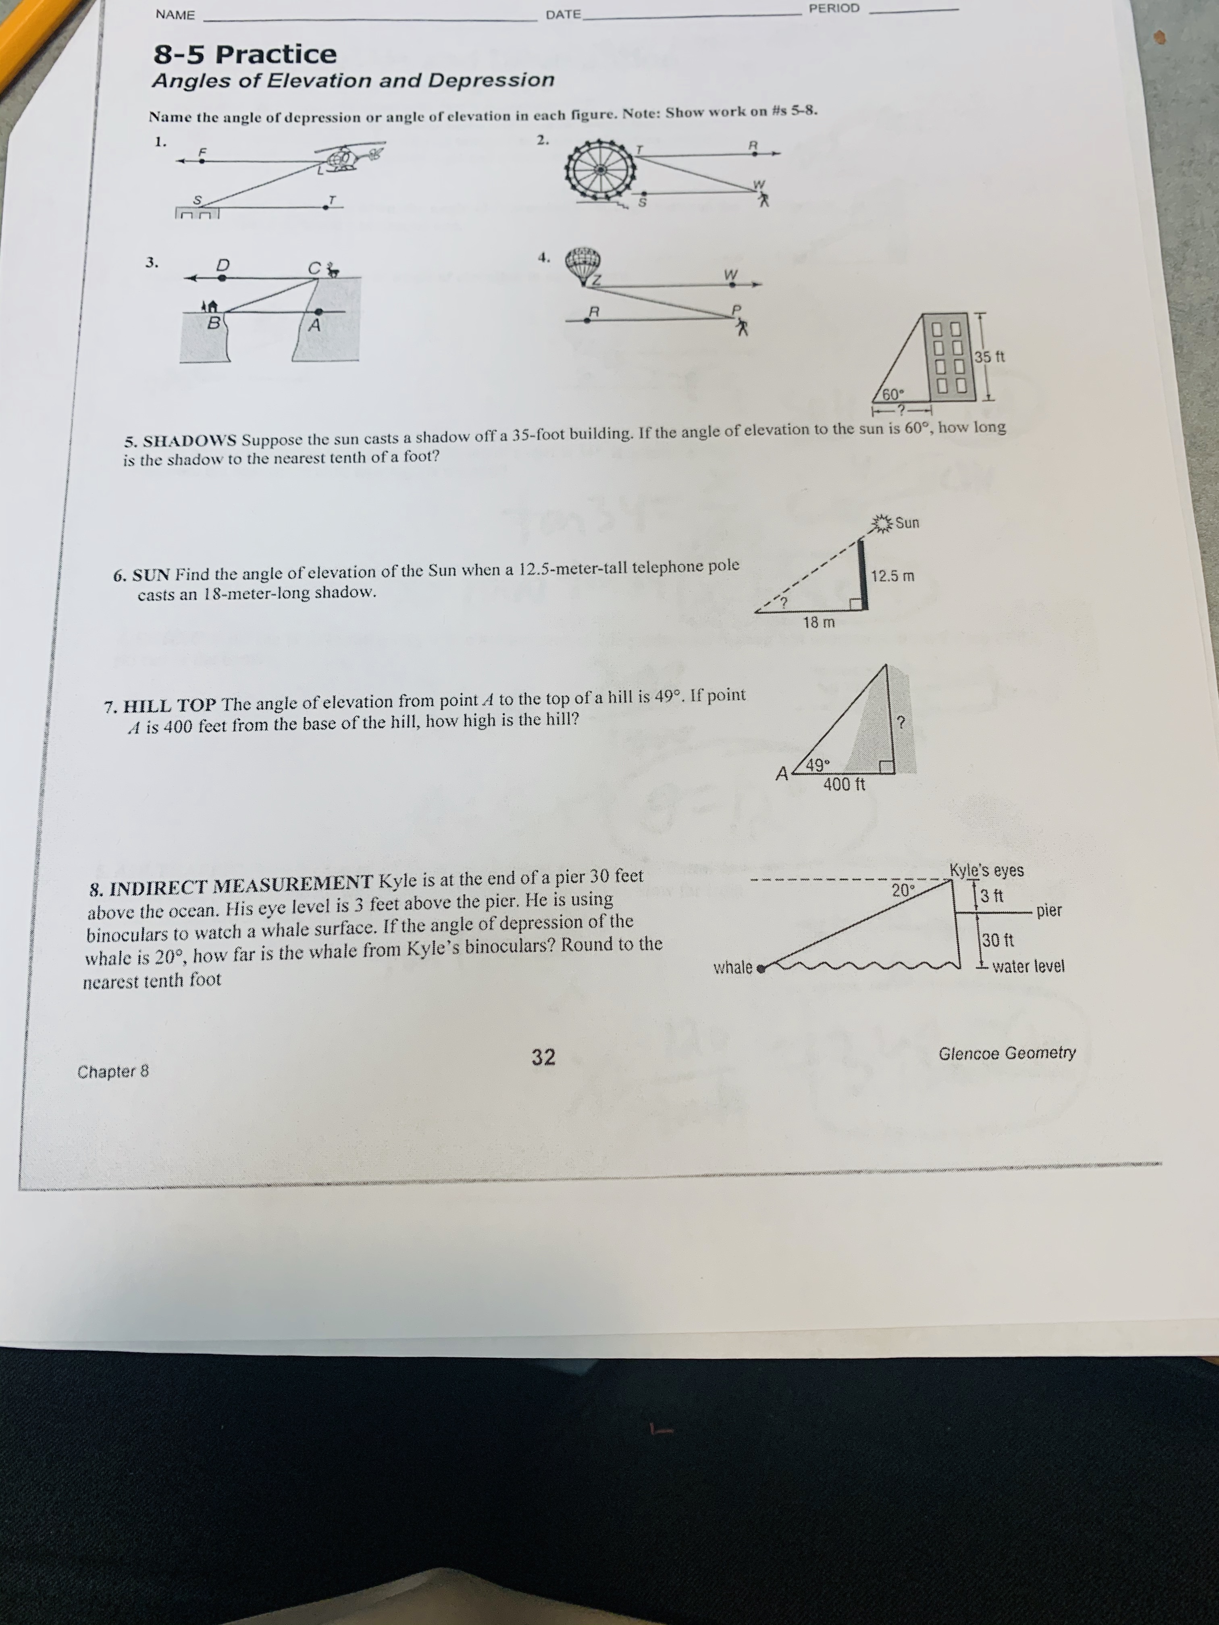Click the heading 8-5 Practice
[245, 54]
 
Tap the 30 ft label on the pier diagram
[998, 940]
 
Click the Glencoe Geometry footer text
[1007, 1053]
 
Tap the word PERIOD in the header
[834, 9]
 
